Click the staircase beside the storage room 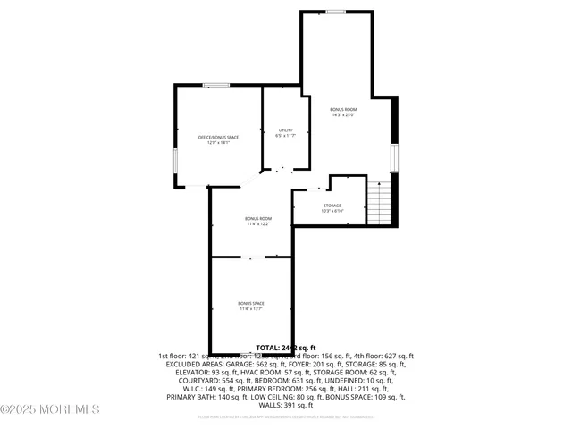tap(380, 202)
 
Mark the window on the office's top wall tap(215, 86)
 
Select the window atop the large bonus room tap(336, 12)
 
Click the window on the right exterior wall tap(392, 157)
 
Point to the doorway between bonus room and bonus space tap(251, 257)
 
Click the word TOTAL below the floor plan tap(268, 347)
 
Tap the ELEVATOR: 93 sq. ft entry tap(196, 373)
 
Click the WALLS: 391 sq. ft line tap(286, 406)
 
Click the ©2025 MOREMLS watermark tap(50, 410)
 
